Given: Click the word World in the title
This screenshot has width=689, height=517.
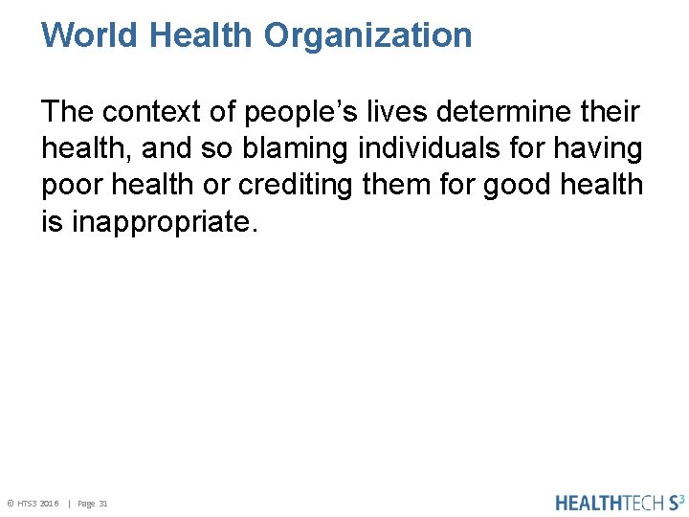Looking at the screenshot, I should (91, 35).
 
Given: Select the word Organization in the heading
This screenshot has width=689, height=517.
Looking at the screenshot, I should (368, 35).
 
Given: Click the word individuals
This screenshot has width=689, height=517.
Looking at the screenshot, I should (421, 149).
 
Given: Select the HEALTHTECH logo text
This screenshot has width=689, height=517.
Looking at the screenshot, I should (609, 503).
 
